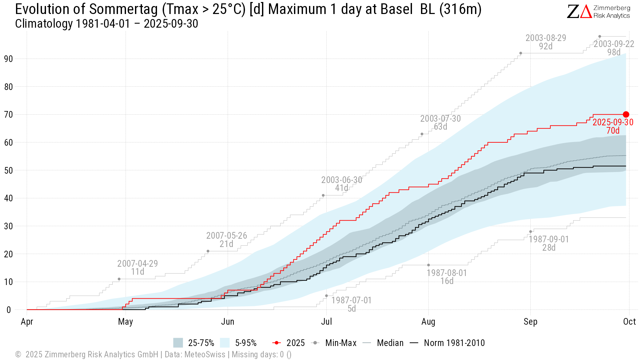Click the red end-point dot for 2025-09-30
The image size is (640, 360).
(x=626, y=114)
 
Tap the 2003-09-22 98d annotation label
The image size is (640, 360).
(x=614, y=48)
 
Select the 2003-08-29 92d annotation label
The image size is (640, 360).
(x=546, y=42)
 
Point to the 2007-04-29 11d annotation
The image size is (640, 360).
(x=137, y=268)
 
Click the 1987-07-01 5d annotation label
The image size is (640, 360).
(x=351, y=304)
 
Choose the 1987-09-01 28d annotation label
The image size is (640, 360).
(x=549, y=243)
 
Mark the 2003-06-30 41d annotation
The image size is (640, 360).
(x=341, y=184)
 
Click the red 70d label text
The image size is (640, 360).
(x=613, y=131)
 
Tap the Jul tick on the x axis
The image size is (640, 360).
(x=326, y=322)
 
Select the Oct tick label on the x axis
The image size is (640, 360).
(x=629, y=322)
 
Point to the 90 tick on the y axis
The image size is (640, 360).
(x=8, y=59)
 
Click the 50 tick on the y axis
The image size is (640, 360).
(x=8, y=171)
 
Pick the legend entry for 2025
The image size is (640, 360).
(x=289, y=343)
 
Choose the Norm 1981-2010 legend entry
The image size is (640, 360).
(x=447, y=343)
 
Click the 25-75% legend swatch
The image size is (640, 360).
(x=178, y=343)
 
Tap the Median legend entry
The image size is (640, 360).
(x=383, y=343)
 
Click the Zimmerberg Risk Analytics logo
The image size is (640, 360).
(x=598, y=12)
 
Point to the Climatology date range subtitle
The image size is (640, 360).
(x=107, y=24)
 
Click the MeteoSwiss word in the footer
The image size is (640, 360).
(x=205, y=355)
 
